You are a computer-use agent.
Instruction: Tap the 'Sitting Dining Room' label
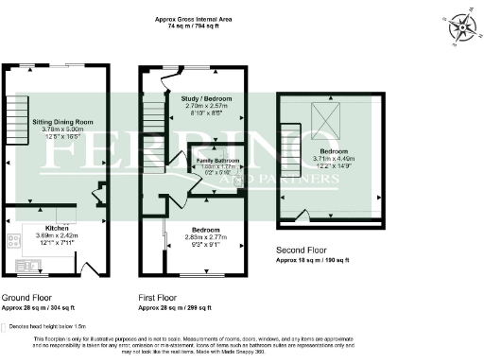(x=62, y=122)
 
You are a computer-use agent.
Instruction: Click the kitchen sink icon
(x=14, y=239)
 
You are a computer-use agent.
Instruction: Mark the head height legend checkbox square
(x=6, y=326)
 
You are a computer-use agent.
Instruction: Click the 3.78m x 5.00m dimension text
(x=62, y=131)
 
